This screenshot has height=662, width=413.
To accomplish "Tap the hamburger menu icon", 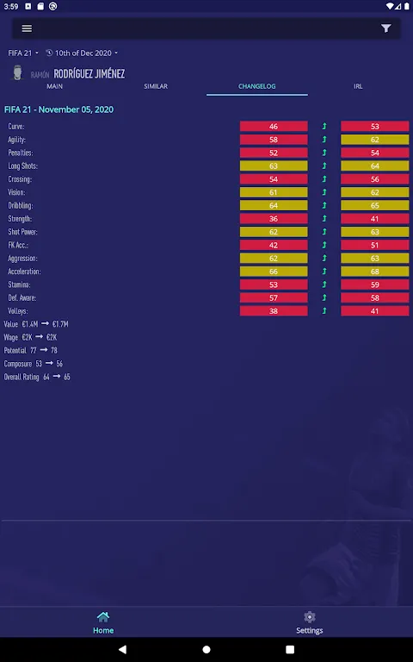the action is click(27, 28).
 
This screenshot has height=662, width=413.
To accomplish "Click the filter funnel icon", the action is click(386, 28).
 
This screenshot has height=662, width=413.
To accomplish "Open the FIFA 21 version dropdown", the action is click(23, 53).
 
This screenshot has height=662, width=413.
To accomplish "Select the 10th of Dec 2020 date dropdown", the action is click(82, 53).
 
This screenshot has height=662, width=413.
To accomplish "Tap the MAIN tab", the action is click(55, 86).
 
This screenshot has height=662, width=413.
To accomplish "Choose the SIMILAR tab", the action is click(156, 86).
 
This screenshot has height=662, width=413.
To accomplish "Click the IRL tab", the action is click(358, 86).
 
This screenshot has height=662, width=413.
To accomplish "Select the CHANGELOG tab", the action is click(257, 86).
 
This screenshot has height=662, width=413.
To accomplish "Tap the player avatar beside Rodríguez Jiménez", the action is click(17, 72).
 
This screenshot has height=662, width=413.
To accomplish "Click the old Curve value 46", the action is click(274, 126).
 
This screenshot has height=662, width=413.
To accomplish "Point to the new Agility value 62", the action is click(375, 140).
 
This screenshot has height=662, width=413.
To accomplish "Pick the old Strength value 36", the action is click(274, 219).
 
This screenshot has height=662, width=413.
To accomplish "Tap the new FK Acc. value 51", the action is click(375, 245).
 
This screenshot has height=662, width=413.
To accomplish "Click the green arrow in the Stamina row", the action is click(324, 284).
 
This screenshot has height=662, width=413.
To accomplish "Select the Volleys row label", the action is click(18, 311).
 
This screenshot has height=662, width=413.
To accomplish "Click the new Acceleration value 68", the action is click(375, 272).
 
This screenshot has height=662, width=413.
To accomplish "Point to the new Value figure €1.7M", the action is click(60, 324).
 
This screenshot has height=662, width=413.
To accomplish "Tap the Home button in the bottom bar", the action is click(103, 622).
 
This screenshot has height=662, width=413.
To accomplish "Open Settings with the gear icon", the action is click(310, 617).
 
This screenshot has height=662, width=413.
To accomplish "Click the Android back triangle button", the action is click(122, 649).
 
